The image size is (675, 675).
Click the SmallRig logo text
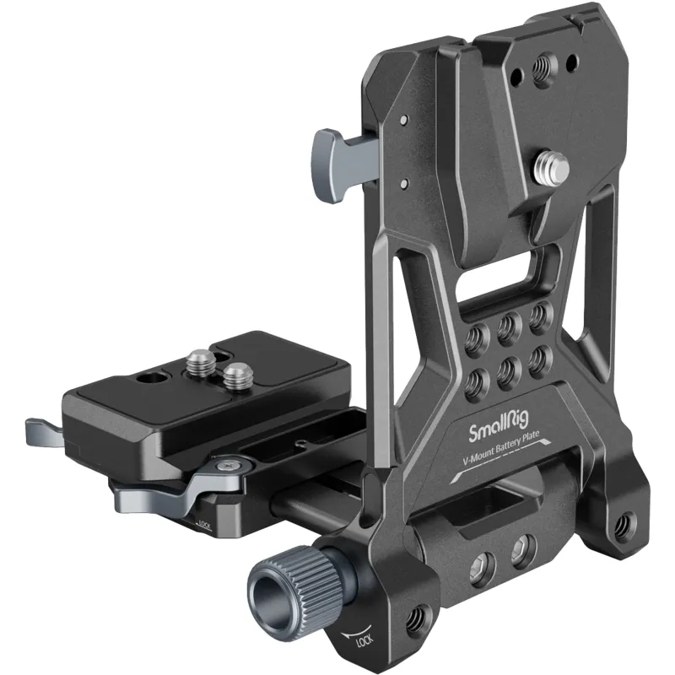(499, 427)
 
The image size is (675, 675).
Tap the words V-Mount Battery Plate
(500, 448)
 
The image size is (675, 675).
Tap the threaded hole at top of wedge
(543, 67)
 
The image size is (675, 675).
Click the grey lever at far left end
(46, 432)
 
